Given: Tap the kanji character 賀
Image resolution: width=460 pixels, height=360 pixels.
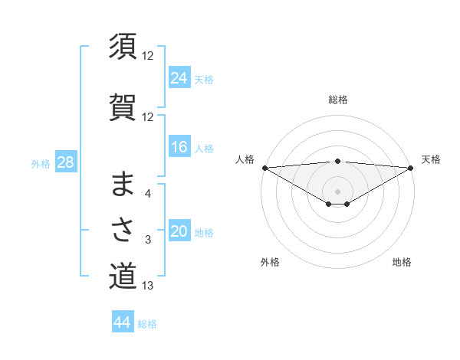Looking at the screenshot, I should [123, 106].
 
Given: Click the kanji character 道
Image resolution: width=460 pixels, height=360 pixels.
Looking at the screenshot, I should [123, 276].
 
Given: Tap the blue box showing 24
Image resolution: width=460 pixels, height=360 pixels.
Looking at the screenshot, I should [179, 77].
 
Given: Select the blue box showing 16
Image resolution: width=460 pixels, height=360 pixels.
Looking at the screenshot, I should [179, 147].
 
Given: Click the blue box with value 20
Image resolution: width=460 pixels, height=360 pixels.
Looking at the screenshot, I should [179, 231].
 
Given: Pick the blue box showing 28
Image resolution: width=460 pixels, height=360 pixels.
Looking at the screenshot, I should [64, 162].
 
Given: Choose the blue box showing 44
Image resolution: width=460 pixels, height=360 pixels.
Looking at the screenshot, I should [123, 322].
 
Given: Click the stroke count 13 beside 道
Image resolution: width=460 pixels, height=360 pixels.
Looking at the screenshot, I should [148, 286].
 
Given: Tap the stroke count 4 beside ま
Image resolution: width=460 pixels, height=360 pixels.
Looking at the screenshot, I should [148, 194].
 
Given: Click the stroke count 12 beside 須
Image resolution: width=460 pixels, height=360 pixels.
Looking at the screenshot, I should [148, 56].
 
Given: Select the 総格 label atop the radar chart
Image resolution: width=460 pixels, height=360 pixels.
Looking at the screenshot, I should [337, 100].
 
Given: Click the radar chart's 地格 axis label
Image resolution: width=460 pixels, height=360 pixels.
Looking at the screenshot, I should [402, 262].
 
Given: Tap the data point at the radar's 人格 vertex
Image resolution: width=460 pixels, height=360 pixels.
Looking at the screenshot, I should [264, 168].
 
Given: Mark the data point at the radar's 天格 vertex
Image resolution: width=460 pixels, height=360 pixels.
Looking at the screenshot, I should [410, 168].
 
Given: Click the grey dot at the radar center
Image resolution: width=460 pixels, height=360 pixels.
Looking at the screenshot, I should [337, 191].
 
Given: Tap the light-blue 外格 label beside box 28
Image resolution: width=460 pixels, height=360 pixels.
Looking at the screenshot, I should [41, 163].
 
